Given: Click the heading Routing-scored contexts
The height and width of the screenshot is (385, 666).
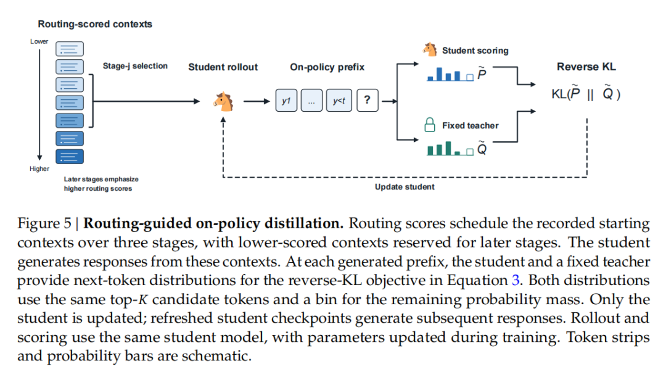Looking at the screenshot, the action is pyautogui.click(x=95, y=24).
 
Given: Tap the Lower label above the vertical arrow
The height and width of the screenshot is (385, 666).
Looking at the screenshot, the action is pyautogui.click(x=39, y=41).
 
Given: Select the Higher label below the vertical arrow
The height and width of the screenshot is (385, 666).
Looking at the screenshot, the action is pyautogui.click(x=39, y=168).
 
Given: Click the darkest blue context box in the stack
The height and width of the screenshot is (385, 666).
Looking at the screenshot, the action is pyautogui.click(x=70, y=156).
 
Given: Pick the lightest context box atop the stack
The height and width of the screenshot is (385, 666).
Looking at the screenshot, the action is pyautogui.click(x=70, y=49).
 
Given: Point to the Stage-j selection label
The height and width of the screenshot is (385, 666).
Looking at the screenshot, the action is pyautogui.click(x=135, y=66).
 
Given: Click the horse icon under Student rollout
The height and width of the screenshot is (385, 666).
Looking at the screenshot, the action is pyautogui.click(x=224, y=102).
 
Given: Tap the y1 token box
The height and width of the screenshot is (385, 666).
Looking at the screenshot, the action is pyautogui.click(x=286, y=101).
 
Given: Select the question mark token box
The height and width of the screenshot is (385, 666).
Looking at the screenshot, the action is pyautogui.click(x=368, y=101).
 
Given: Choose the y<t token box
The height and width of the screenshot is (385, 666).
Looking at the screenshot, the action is pyautogui.click(x=339, y=101).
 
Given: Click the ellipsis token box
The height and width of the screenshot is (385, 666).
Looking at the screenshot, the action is pyautogui.click(x=312, y=101).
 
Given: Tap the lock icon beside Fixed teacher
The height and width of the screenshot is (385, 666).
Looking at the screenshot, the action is pyautogui.click(x=430, y=125).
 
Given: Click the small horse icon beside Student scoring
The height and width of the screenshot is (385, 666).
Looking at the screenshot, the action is pyautogui.click(x=430, y=49).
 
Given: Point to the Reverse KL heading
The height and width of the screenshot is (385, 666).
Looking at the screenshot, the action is pyautogui.click(x=586, y=67).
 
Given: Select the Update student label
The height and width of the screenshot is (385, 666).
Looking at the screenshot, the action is pyautogui.click(x=405, y=187).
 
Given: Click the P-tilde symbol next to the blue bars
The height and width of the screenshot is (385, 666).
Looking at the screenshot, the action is pyautogui.click(x=482, y=74).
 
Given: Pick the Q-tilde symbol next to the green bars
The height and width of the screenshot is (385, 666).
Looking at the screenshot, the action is pyautogui.click(x=482, y=149).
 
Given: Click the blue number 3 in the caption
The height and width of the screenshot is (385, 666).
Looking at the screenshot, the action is pyautogui.click(x=515, y=280).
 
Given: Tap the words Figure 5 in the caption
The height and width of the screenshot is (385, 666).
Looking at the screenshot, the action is pyautogui.click(x=44, y=223).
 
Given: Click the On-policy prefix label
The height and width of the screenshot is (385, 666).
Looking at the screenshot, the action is pyautogui.click(x=327, y=67).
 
